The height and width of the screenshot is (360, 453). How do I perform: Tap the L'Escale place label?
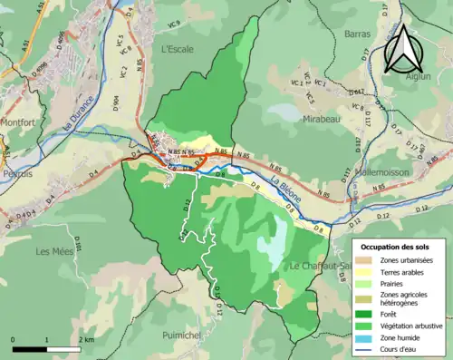[178, 51]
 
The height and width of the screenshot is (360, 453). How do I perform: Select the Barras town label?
[357, 34]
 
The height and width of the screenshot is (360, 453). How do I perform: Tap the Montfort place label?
[17, 122]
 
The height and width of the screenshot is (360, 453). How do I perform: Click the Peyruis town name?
[16, 171]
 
